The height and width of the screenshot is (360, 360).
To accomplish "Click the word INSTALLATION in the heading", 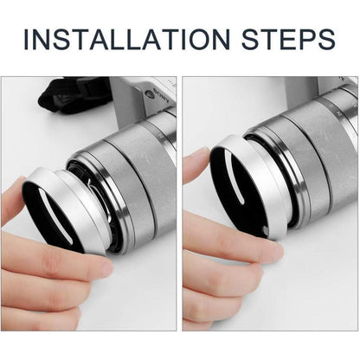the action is (127, 39).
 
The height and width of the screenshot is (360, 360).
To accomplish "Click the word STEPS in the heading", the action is (288, 39).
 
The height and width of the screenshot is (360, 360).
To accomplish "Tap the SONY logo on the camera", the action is (162, 95).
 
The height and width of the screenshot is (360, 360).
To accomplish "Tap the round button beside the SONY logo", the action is (149, 94).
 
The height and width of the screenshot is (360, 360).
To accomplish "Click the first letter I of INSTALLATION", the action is (26, 39).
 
